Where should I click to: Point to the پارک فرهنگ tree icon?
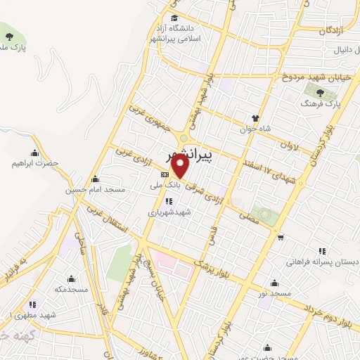click(321, 91)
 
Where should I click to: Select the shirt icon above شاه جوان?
click(256, 118)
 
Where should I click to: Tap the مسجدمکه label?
click(70, 289)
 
